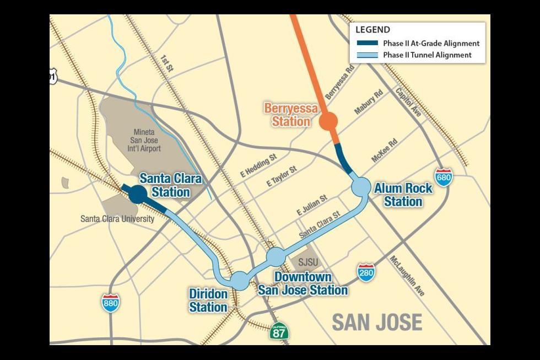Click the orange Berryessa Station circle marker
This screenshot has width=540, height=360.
tap(329, 121)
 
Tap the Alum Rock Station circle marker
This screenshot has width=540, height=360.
tap(361, 186)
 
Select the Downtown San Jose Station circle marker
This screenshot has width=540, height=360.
tap(276, 256)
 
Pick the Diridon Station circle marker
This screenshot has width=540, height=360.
tap(240, 280)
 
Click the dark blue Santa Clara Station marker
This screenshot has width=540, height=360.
tap(137, 194)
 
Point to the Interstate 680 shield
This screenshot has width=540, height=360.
tap(444, 177)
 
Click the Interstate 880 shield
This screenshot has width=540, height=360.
tap(111, 303)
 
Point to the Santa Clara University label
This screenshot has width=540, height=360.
tap(117, 219)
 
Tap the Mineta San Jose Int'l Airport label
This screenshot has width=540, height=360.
tap(147, 141)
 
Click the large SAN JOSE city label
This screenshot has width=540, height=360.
tap(377, 322)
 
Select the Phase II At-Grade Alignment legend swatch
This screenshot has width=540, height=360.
tap(367, 43)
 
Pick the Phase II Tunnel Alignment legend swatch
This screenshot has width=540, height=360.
tap(367, 55)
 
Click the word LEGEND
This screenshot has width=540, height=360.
tap(372, 30)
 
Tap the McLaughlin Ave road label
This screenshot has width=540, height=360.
tap(407, 276)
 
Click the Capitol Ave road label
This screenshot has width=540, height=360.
tap(408, 101)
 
